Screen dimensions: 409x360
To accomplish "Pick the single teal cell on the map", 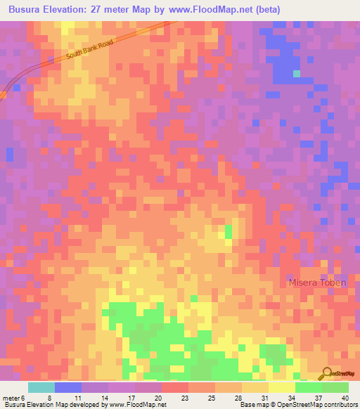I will tap(296, 73).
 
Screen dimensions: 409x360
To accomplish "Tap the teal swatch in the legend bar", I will tap(41, 387).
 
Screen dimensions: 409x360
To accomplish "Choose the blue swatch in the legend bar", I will tap(68, 387).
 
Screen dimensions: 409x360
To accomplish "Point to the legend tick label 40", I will tap(345, 397).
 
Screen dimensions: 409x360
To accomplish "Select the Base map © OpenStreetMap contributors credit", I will tap(300, 405).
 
